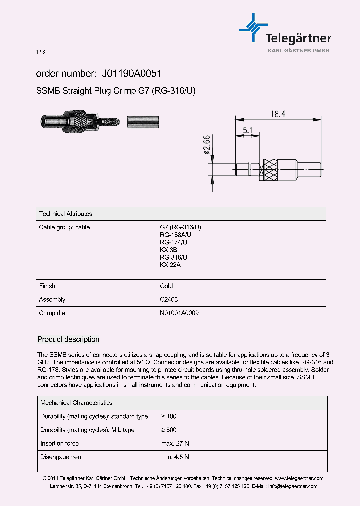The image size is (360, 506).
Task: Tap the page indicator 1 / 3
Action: click(41, 52)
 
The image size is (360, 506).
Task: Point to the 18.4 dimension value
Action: click(278, 114)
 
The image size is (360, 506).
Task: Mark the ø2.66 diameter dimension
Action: click(207, 146)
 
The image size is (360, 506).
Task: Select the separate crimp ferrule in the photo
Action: click(143, 122)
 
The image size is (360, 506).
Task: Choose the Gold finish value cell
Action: click(166, 286)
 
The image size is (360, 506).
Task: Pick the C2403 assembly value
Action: click(169, 300)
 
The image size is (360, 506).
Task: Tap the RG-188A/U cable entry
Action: click(175, 235)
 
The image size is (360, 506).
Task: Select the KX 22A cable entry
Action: click(170, 265)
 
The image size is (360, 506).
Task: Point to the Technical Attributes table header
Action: click(66, 214)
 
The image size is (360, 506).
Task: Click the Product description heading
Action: click(69, 339)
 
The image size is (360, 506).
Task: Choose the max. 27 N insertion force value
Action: click(175, 443)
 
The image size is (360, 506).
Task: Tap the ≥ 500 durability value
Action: click(169, 430)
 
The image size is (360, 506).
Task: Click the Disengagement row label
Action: click(61, 457)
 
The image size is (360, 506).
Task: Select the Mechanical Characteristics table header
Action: click(76, 403)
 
